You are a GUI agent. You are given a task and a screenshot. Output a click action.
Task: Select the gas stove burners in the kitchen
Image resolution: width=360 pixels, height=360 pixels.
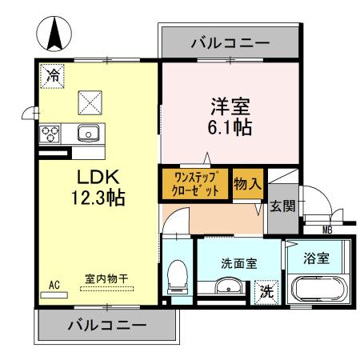51,133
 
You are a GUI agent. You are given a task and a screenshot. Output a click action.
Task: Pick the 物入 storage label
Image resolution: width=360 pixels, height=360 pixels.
247,184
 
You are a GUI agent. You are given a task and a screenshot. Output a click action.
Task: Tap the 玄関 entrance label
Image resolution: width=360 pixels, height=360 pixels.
282,206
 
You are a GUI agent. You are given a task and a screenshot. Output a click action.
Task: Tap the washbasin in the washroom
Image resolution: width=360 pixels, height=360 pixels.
230,288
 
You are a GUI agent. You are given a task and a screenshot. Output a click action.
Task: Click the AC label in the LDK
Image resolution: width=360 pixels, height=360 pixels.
55,284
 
